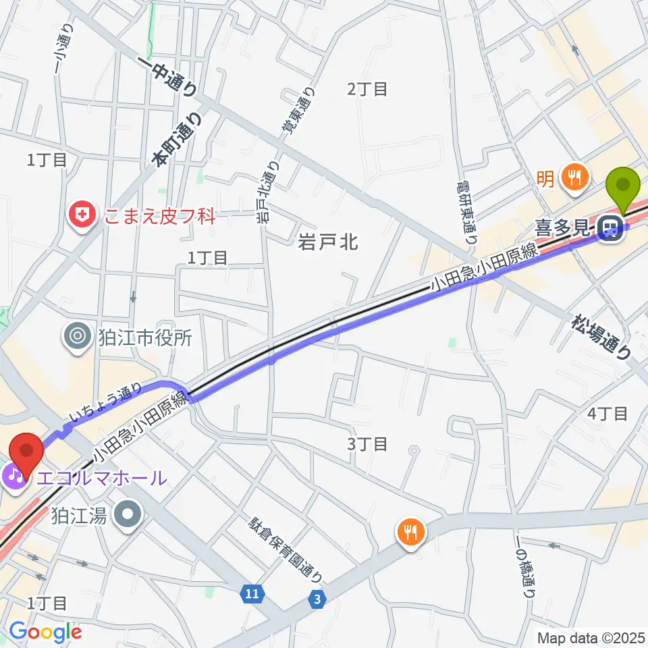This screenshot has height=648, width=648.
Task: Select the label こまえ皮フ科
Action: [x=159, y=217]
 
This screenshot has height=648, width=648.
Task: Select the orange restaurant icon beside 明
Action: [x=574, y=178]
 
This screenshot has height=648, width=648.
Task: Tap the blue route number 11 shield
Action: [x=252, y=593]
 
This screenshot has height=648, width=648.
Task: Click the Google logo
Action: [x=45, y=632]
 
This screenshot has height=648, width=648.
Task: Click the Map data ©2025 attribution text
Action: [x=589, y=637]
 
